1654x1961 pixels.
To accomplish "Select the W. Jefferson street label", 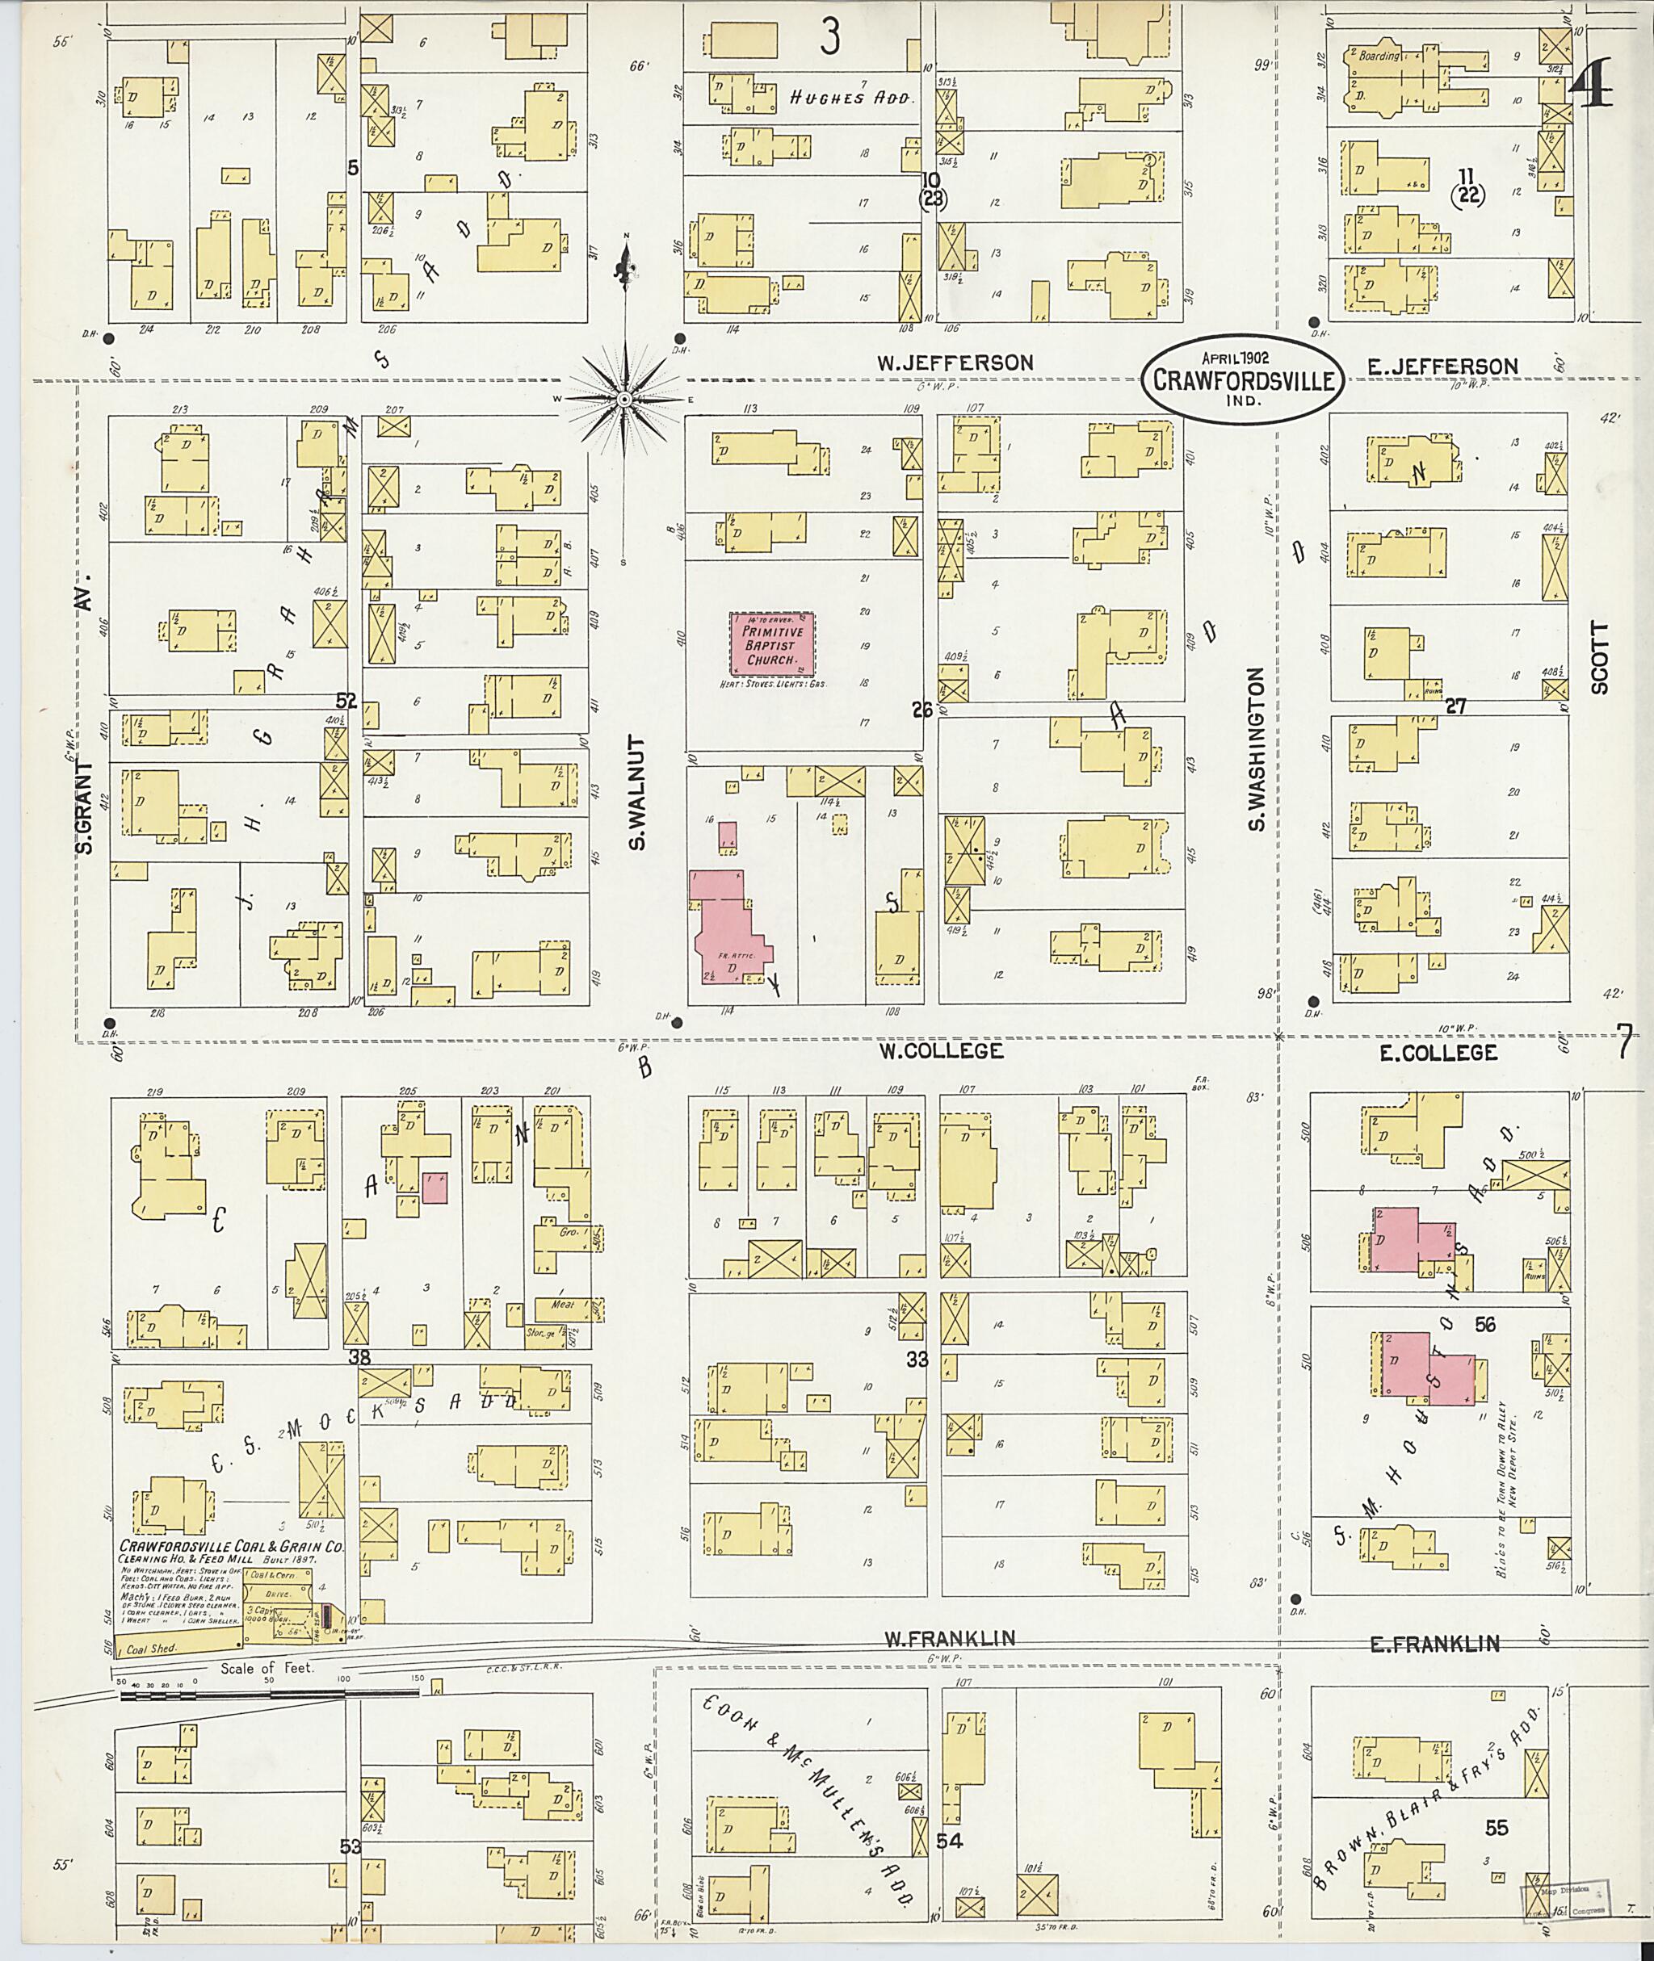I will pyautogui.click(x=955, y=362).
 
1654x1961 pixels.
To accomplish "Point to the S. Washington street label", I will pyautogui.click(x=1257, y=749).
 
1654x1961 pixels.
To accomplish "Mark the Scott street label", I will pyautogui.click(x=1599, y=657).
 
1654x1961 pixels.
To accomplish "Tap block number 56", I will pyautogui.click(x=1484, y=1325).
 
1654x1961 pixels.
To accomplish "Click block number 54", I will pyautogui.click(x=949, y=1841).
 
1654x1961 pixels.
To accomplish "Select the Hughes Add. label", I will pyautogui.click(x=850, y=98).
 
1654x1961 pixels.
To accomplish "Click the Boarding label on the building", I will pyautogui.click(x=1379, y=56).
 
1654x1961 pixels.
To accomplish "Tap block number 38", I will pyautogui.click(x=359, y=1356).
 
